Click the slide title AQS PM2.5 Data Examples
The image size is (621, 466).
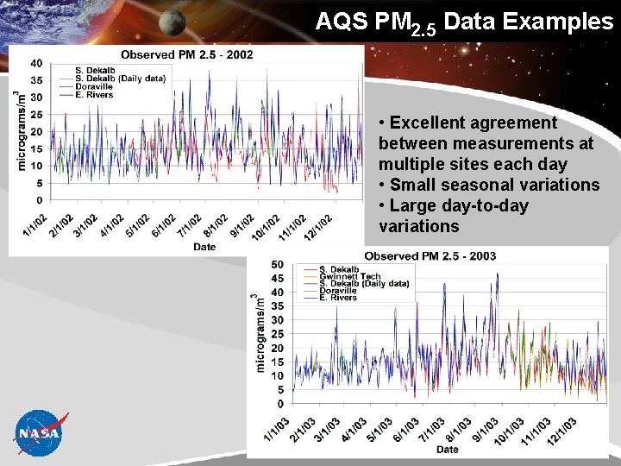pos(464,22)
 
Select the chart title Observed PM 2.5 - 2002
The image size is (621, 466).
pos(186,54)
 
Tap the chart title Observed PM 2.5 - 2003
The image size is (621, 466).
pos(430,256)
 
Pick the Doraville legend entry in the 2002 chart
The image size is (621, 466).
pos(93,86)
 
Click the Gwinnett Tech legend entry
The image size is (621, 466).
pos(350,277)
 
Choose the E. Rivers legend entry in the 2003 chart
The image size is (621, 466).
pos(338,298)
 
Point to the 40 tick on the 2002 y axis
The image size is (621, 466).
pos(36,63)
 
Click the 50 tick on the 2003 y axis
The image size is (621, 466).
pos(277,265)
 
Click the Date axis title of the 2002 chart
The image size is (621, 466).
pos(204,247)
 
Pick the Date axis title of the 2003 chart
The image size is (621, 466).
pos(447,449)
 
